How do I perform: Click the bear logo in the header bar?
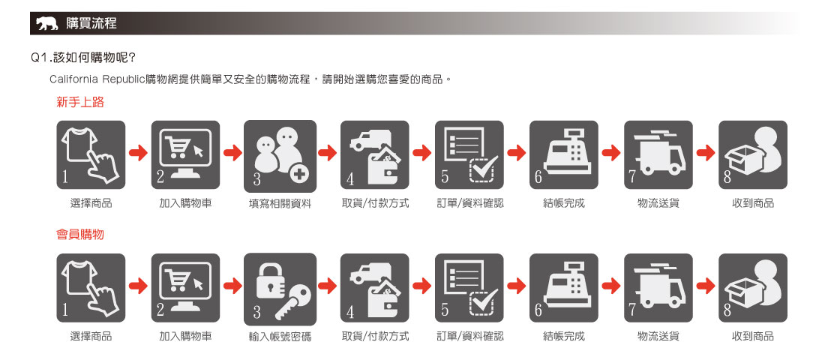tap(46, 24)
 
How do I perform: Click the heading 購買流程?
tap(91, 23)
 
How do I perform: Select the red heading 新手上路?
tap(80, 102)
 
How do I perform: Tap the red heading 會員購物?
tap(80, 234)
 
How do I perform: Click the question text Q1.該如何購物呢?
tap(84, 57)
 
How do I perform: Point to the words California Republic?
tap(97, 80)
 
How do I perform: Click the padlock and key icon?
tap(280, 289)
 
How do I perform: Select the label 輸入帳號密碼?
tap(280, 336)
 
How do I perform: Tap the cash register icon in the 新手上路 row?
tap(563, 154)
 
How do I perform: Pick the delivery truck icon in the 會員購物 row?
tap(658, 288)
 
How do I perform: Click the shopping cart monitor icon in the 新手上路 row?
tap(186, 154)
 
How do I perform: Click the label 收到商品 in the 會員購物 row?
tap(753, 336)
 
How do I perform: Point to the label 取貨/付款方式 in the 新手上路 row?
tap(374, 202)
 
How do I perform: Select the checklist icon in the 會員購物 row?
tap(469, 288)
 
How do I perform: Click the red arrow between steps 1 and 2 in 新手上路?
tap(139, 153)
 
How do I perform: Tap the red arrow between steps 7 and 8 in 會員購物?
tap(706, 286)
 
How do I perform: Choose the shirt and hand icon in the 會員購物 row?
tap(91, 288)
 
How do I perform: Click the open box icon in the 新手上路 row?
tap(753, 154)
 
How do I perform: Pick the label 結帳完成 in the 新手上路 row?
tap(563, 202)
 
